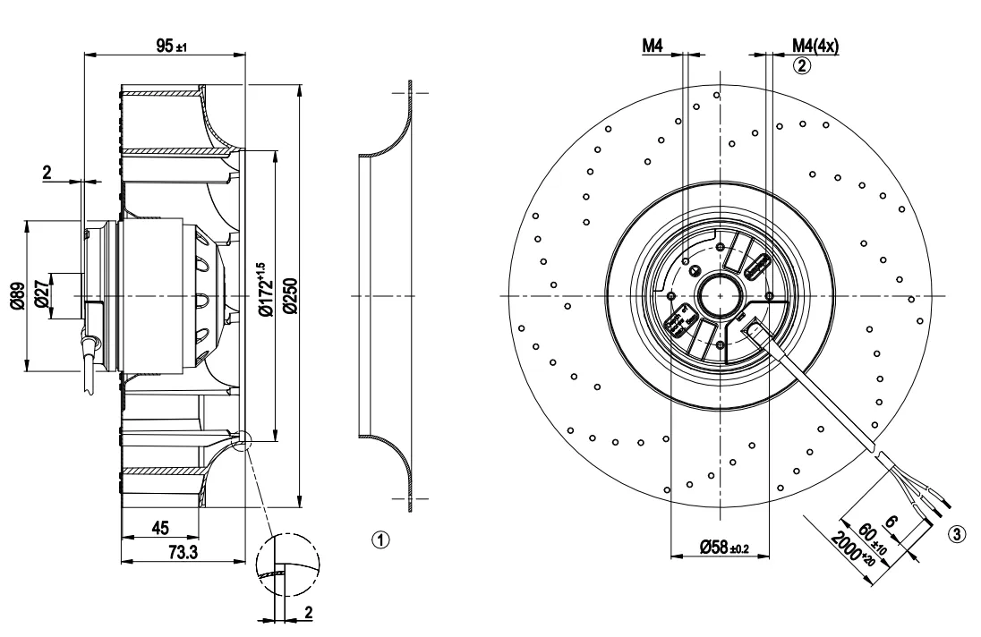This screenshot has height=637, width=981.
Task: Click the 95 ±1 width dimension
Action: [169, 46]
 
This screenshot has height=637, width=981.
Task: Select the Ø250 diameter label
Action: [291, 295]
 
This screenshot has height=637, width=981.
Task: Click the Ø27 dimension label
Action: [42, 295]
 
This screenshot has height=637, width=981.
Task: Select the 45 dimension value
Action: [160, 528]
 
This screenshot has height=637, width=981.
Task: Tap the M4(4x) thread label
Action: [815, 46]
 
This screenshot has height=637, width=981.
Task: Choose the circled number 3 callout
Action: [957, 535]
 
